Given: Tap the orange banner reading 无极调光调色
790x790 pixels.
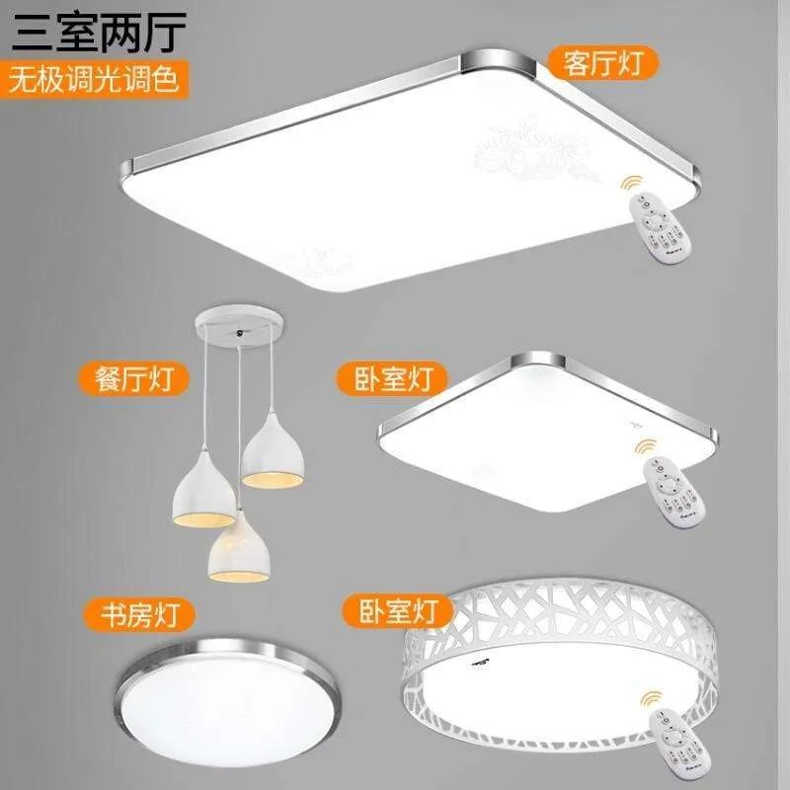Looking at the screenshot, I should [x=95, y=80].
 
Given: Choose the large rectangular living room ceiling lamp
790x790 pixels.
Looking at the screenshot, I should [x=415, y=168].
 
